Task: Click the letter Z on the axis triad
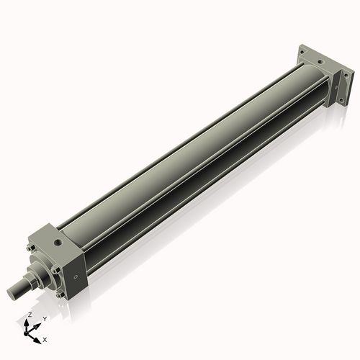click(x=30, y=315)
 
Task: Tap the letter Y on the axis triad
click(x=45, y=318)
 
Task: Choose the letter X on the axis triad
click(x=45, y=338)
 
